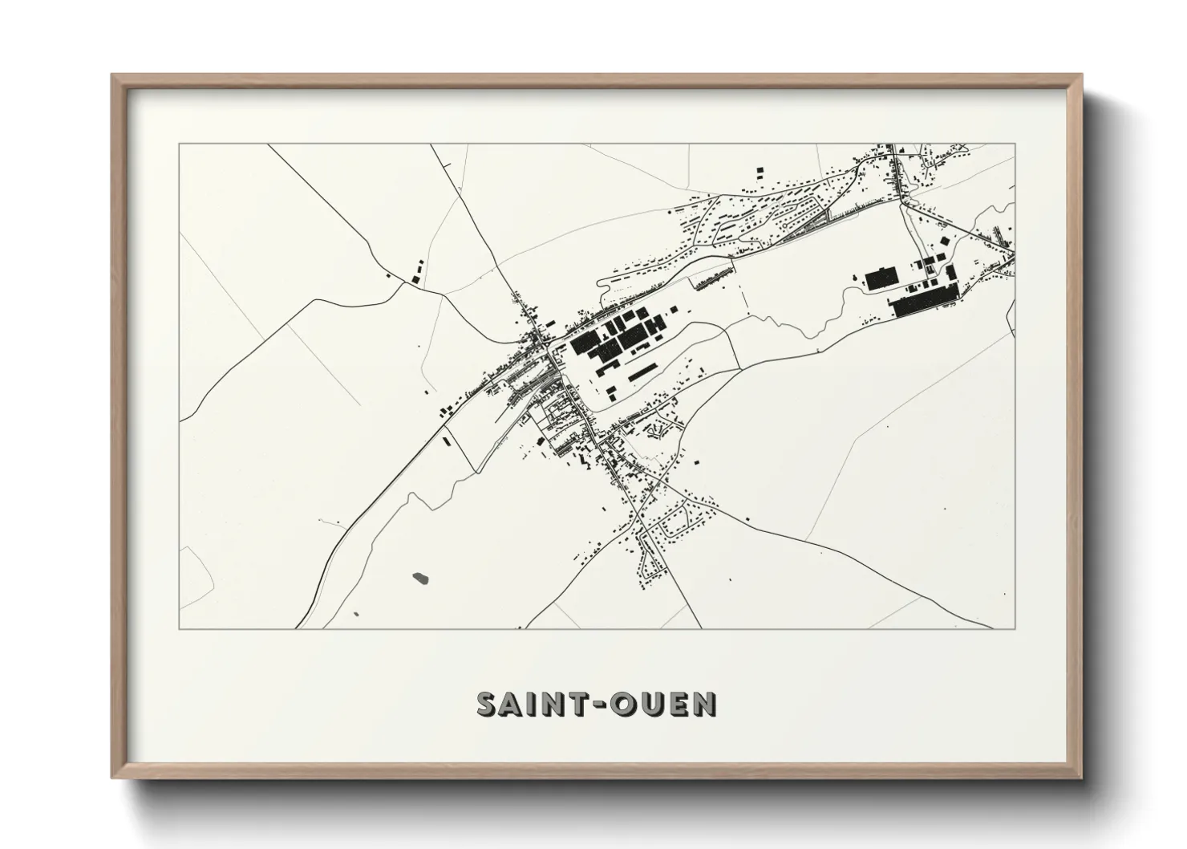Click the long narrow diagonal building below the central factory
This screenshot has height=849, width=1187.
[x=641, y=374]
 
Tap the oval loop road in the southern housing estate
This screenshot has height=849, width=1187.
[x=672, y=526]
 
